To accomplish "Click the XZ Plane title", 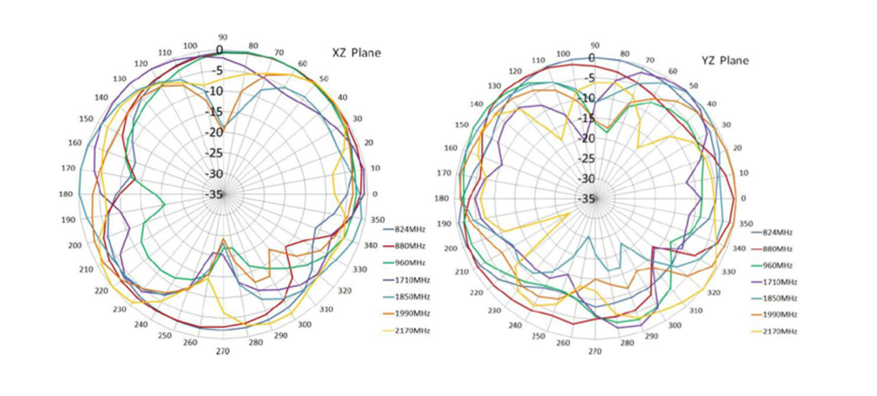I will coord(356,53).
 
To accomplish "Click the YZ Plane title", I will coord(725,61).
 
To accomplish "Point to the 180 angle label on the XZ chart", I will coord(67,194).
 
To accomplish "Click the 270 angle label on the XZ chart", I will coord(223,352).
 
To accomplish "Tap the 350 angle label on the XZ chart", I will coord(378,220).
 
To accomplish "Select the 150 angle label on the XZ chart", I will coord(86,119).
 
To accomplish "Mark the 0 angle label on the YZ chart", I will coord(743,198).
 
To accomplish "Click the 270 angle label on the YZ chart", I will coord(595,352).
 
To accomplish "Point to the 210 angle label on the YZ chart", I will coord(461,273).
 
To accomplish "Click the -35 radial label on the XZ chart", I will coord(215,195).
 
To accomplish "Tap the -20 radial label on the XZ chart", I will coord(215,132).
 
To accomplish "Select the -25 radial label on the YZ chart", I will coord(586,159).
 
